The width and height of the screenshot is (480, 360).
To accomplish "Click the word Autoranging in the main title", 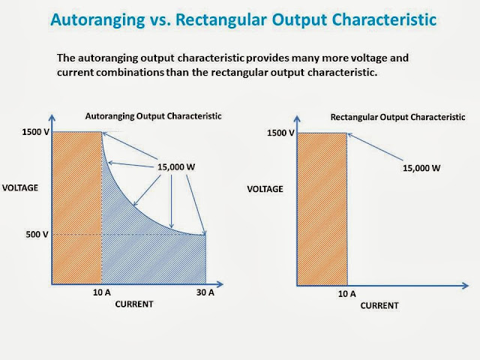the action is click(97, 20).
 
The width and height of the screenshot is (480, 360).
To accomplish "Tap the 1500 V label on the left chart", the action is click(35, 132).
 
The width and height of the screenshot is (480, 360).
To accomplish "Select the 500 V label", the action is click(37, 235).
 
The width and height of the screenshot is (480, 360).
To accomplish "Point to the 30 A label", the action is click(205, 292).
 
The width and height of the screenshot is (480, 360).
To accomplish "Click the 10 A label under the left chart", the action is click(102, 292).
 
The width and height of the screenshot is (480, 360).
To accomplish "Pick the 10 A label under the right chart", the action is click(346, 294).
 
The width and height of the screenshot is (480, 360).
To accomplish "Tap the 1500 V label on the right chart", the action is click(280, 133).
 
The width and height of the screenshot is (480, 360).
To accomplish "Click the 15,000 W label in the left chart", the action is click(176, 166).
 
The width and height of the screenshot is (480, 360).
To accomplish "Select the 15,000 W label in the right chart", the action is click(421, 168).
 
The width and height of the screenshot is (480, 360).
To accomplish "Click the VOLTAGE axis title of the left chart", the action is click(20, 187).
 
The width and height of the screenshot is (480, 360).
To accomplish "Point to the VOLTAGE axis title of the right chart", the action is click(265, 189).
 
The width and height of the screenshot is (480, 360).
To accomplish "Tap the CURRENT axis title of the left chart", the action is click(134, 304).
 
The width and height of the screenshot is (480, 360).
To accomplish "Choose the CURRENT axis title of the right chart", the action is click(379, 305).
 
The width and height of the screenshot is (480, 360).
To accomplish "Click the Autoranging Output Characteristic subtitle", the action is click(153, 116).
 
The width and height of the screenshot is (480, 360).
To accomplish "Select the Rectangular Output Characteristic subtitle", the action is click(398, 117).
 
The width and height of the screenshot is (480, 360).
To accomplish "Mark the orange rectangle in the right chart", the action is click(322, 209).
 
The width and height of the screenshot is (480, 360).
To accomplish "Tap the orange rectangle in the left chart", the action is click(76, 208).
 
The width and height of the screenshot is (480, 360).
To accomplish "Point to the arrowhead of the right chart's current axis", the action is click(466, 286).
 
